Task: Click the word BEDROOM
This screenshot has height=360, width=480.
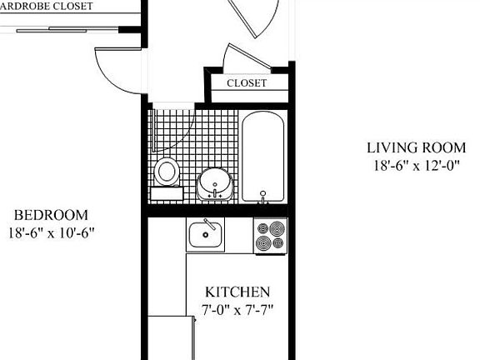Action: [51, 215]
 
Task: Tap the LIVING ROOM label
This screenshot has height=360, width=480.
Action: [416, 148]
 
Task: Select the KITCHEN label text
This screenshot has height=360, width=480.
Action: [237, 292]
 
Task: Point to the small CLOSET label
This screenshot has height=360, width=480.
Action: [247, 83]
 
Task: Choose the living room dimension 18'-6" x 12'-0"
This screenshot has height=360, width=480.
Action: [416, 165]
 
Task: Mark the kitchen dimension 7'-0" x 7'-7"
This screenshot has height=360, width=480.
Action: [237, 310]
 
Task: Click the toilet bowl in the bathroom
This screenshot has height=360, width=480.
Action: [167, 172]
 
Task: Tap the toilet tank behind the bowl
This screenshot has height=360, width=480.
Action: [167, 193]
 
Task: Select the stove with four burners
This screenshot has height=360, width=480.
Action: [269, 236]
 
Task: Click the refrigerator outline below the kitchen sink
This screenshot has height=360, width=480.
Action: [170, 337]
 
